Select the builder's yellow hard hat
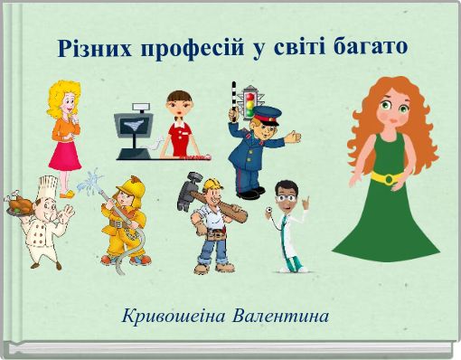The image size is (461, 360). [x=212, y=185]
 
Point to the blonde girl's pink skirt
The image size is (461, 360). [x=64, y=154]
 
